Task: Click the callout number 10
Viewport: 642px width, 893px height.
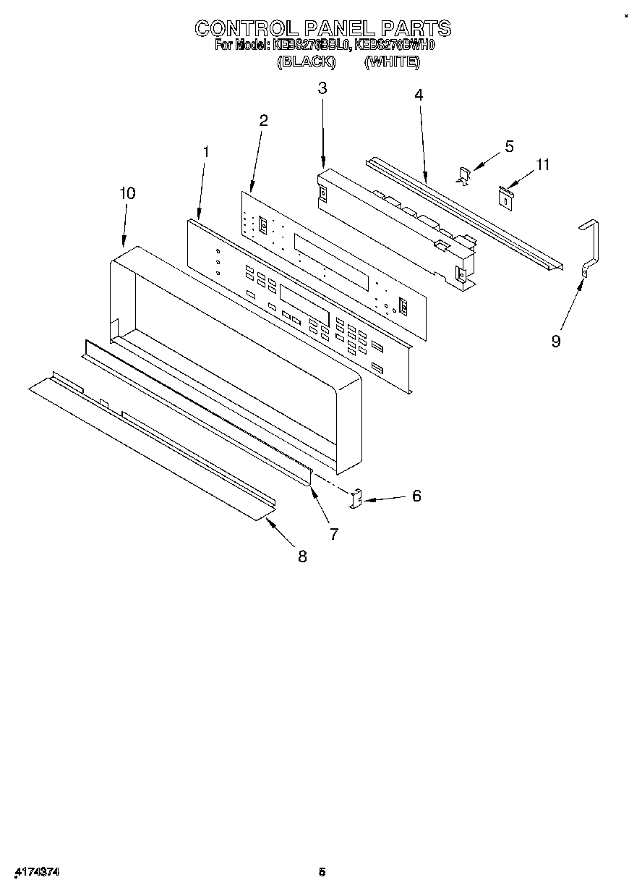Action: point(127,193)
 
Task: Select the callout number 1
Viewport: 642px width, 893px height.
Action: point(206,152)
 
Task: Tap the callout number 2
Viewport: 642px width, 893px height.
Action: point(263,120)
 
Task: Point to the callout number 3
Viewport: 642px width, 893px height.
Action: point(322,88)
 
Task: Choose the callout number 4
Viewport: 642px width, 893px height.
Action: point(419,95)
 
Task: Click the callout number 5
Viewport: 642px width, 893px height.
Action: point(509,146)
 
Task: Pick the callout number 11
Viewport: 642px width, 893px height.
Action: point(542,165)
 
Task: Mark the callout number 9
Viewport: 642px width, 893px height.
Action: point(555,341)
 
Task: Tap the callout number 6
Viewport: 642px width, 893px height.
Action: point(416,496)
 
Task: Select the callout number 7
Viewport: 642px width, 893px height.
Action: point(334,534)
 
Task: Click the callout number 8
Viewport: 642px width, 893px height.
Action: point(302,556)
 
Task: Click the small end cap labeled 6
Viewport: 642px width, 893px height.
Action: point(356,499)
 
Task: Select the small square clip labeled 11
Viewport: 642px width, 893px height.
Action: point(506,195)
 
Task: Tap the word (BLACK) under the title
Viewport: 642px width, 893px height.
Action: point(307,62)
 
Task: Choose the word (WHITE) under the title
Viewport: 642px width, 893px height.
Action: point(391,62)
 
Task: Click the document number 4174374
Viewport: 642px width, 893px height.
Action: point(36,873)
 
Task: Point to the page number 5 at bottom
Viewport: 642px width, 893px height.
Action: point(322,873)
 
